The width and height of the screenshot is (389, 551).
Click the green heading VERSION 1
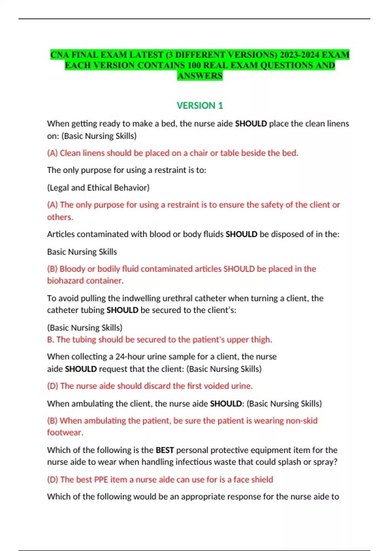[200, 106]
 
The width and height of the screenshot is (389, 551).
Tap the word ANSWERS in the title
[200, 76]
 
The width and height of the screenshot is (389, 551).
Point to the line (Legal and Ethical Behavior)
[98, 188]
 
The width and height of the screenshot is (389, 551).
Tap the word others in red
[59, 217]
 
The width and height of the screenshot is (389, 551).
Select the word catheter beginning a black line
[60, 310]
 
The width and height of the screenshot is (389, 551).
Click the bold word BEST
[165, 450]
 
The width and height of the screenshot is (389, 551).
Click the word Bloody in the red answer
[72, 269]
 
